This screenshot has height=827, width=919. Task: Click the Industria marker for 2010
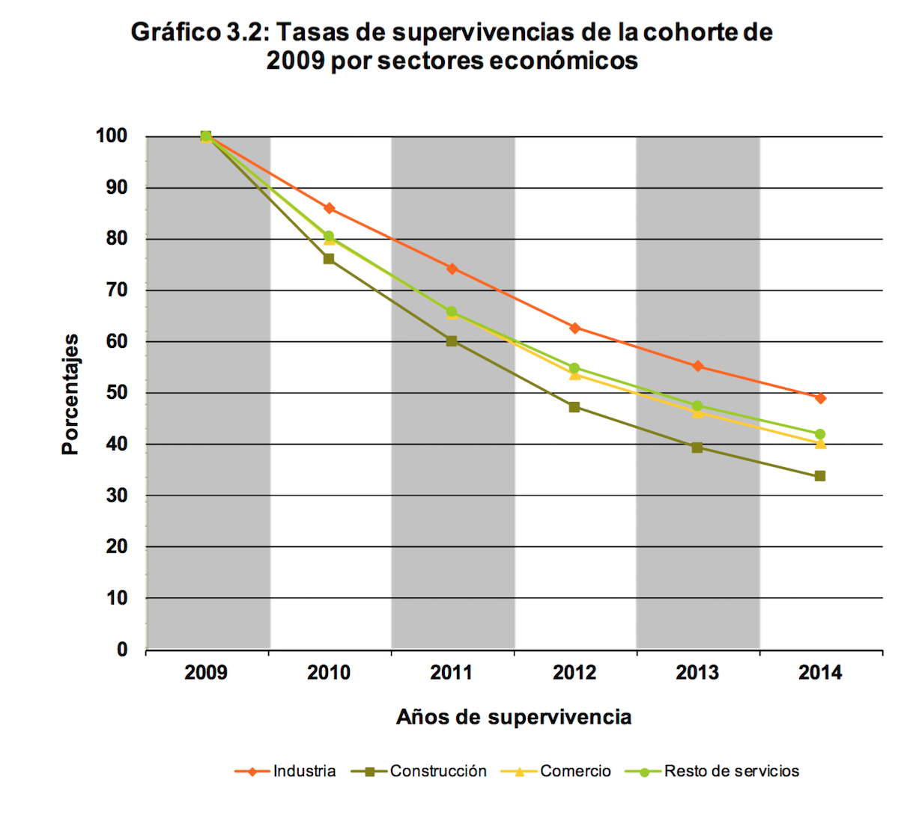(x=329, y=208)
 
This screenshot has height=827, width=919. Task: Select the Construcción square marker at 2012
(x=574, y=407)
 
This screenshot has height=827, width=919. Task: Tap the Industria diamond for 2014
(x=820, y=398)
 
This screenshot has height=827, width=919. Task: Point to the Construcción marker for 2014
(x=820, y=476)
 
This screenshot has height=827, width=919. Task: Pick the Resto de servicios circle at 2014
(x=820, y=434)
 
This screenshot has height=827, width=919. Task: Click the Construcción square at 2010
(x=329, y=259)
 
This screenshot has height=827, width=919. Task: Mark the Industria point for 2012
(x=574, y=328)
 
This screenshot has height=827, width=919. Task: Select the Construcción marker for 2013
(x=697, y=448)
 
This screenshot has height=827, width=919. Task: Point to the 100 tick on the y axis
(x=112, y=136)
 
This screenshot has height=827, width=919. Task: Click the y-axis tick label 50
(x=117, y=393)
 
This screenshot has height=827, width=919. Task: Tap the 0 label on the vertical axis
(x=122, y=650)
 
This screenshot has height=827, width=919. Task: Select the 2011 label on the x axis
(x=452, y=672)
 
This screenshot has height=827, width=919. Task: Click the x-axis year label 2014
(x=820, y=672)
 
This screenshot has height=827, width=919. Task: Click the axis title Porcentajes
(x=70, y=394)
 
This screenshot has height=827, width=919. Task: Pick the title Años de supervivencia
(x=514, y=717)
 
